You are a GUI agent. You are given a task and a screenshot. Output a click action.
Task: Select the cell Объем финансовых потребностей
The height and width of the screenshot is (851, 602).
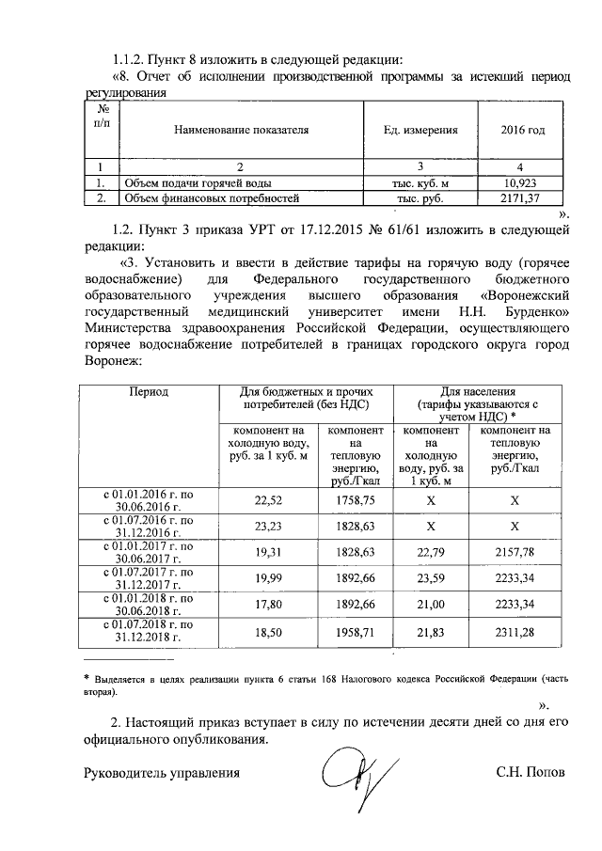[213, 199]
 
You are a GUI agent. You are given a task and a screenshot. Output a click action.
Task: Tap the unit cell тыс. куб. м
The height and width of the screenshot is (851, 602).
[420, 184]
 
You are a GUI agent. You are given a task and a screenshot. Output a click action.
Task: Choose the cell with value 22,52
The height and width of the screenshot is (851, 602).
[269, 501]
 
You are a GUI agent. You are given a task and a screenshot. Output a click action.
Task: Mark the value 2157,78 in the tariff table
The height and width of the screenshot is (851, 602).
[515, 549]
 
